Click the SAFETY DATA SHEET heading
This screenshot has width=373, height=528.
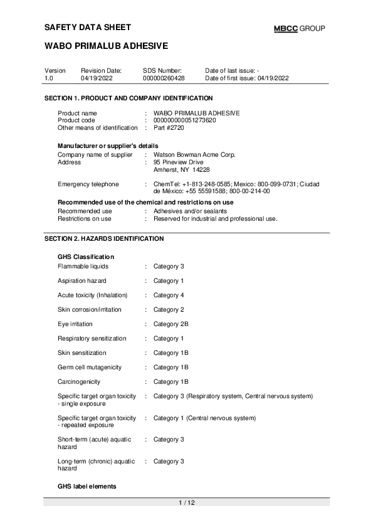[88, 28]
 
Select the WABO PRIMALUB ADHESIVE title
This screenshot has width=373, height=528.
[106, 46]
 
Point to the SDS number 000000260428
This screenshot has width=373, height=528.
[164, 78]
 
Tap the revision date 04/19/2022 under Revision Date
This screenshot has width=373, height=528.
[95, 78]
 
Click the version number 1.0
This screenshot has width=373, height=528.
[49, 78]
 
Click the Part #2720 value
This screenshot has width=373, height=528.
[169, 127]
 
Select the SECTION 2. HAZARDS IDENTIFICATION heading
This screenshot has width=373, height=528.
[104, 239]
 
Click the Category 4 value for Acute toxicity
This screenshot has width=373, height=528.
[169, 295]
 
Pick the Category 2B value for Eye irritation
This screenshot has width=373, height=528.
[171, 324]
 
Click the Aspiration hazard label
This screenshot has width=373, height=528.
[82, 281]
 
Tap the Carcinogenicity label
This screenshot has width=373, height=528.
[79, 382]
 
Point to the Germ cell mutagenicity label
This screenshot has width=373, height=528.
[90, 367]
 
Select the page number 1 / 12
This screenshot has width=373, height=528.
[187, 503]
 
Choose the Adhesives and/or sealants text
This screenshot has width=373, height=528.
[190, 211]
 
